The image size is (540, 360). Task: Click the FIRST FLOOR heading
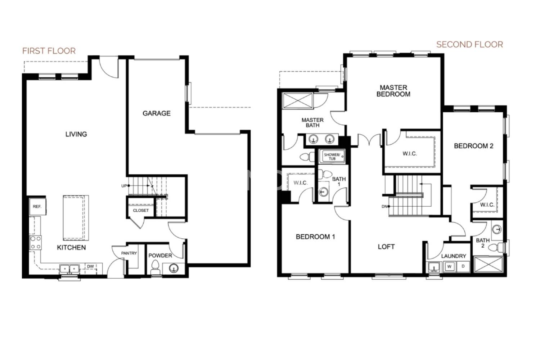click(x=49, y=51)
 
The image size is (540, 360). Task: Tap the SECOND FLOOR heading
click(x=469, y=45)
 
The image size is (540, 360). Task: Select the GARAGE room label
click(x=157, y=113)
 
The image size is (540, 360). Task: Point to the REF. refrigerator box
click(x=37, y=206)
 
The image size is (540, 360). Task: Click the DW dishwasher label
click(x=90, y=266)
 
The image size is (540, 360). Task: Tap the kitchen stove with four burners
click(x=35, y=242)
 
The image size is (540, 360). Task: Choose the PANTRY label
click(x=129, y=253)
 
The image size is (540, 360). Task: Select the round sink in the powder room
click(x=174, y=268)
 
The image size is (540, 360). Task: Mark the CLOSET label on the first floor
click(x=141, y=210)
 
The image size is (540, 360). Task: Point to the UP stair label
click(x=124, y=186)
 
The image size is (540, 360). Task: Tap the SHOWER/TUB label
click(x=332, y=157)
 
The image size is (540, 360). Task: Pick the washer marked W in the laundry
click(x=449, y=266)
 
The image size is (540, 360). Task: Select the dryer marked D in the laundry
click(x=463, y=266)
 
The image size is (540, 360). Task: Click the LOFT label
click(x=386, y=247)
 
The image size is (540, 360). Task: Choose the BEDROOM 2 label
click(x=473, y=146)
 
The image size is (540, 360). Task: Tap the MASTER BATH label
click(x=312, y=122)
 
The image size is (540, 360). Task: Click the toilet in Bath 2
click(x=497, y=247)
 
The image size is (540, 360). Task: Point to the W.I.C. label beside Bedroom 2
click(x=487, y=205)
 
